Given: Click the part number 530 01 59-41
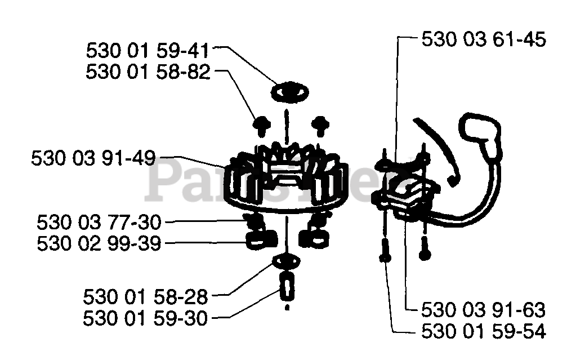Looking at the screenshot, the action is pyautogui.click(x=148, y=51).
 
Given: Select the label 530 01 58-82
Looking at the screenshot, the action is pyautogui.click(x=148, y=72).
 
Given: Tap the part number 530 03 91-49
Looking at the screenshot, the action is pyautogui.click(x=93, y=158).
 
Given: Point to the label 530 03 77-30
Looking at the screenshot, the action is pyautogui.click(x=99, y=222).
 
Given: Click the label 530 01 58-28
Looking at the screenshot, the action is pyautogui.click(x=145, y=296).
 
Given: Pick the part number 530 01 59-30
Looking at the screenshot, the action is pyautogui.click(x=145, y=318).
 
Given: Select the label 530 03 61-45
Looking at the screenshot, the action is pyautogui.click(x=484, y=39).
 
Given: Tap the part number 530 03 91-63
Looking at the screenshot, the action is pyautogui.click(x=484, y=310).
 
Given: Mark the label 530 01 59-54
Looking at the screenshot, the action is pyautogui.click(x=484, y=332).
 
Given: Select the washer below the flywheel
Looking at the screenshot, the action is pyautogui.click(x=286, y=262).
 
